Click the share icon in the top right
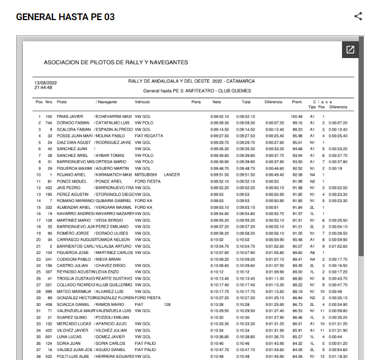pos(358,17)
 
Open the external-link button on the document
pos(350,50)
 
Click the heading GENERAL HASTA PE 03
pos(65,17)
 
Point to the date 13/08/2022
pos(46,83)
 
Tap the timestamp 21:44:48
pos(44,88)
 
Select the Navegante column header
pos(106,102)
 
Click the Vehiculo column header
pos(142,102)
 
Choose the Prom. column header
pos(297,102)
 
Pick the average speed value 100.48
pos(296,116)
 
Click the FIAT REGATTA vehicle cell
pos(149,136)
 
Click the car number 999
pos(49,291)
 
